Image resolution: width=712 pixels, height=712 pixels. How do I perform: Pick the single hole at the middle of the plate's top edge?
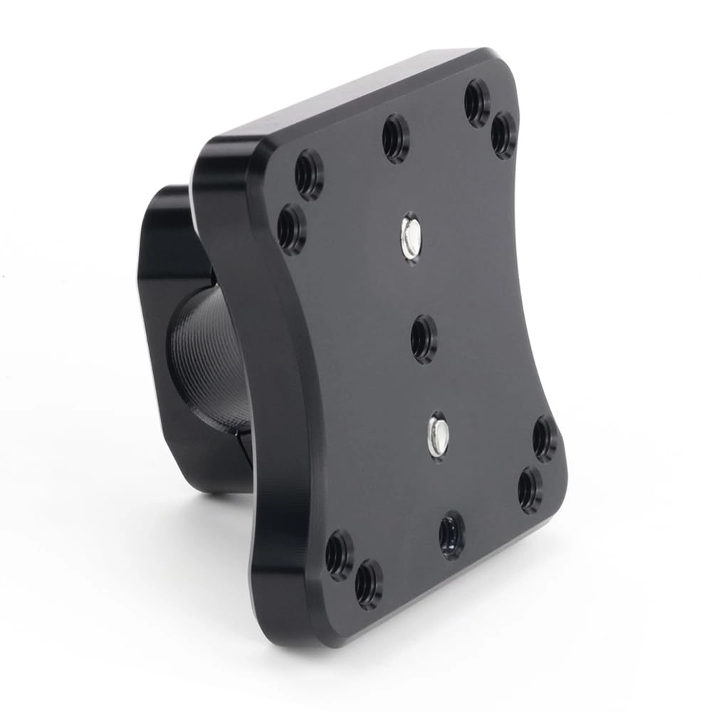coord(396,137)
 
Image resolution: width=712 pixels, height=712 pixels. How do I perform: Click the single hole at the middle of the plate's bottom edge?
coord(451,533)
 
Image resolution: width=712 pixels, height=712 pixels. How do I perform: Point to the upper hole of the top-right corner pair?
coord(477,102)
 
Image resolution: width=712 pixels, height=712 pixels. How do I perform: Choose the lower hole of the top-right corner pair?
coord(504,134)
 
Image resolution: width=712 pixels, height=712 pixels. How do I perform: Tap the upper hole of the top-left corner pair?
coord(309,173)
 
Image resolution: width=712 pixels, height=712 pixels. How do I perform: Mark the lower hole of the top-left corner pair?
coord(291,228)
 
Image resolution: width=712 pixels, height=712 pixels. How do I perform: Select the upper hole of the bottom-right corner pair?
coord(545,438)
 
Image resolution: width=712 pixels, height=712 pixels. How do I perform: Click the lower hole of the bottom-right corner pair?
coord(530,489)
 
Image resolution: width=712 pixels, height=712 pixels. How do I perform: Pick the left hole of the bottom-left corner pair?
coord(339,554)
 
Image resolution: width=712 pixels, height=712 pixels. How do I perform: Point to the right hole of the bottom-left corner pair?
coord(368,583)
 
